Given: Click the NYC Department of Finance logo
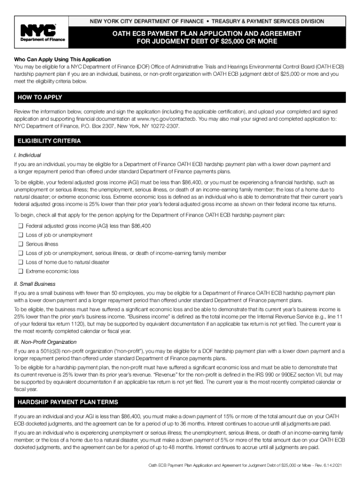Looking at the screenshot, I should [42, 34].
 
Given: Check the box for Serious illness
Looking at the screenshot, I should [21, 244].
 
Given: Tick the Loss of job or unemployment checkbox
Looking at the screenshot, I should [21, 235].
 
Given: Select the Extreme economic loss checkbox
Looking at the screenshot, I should [21, 271].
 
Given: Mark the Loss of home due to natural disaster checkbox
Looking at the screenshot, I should [21, 262].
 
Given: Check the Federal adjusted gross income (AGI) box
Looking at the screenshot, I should [21, 226].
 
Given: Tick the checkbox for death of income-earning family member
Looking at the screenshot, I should [21, 253].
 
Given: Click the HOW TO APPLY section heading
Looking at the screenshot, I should [40, 97].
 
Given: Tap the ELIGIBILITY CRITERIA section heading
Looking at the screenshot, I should [49, 141].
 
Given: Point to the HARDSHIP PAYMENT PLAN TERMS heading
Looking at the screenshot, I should [68, 402].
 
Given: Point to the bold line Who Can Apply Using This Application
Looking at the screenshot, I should [62, 59].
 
